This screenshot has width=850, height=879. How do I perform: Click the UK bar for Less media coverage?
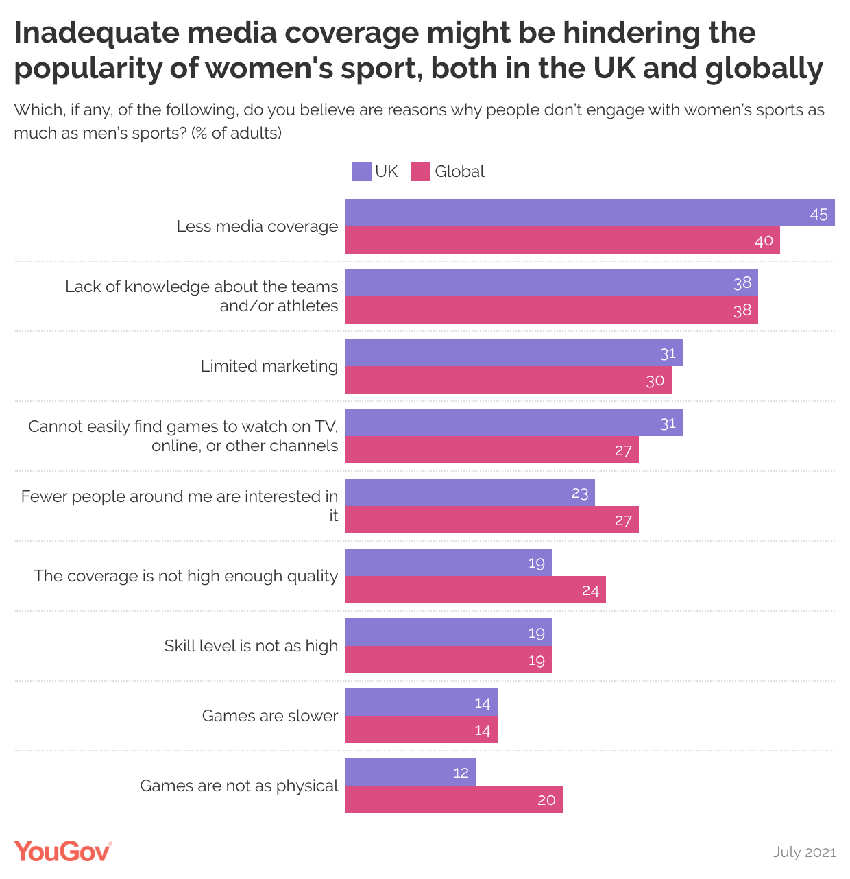coord(590,213)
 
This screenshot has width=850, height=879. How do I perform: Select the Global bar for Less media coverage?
coord(562,240)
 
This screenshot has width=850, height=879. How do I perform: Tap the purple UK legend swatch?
coord(361,171)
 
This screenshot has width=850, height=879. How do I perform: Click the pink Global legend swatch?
coord(420,171)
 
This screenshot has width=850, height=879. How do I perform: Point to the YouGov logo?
coord(62,851)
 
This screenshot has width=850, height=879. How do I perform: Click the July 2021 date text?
coord(804,852)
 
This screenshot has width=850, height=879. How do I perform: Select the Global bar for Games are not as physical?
coord(454,799)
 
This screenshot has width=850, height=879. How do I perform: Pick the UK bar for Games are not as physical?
coord(410,772)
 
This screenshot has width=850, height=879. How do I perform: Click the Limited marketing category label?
coord(269,366)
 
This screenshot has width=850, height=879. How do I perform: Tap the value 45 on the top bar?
coord(818,214)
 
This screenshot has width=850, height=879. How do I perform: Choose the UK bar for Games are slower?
coord(421,702)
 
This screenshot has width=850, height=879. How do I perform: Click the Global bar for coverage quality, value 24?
coord(475,590)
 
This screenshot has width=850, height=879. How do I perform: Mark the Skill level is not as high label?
coord(251,646)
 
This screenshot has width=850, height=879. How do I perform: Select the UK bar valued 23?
coord(470,492)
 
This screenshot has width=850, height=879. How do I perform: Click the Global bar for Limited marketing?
coord(508,380)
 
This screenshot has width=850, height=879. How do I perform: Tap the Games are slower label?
coord(269,716)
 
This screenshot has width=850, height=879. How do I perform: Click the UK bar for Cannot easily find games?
coord(513,422)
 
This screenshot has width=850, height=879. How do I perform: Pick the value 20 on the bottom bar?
coord(546,800)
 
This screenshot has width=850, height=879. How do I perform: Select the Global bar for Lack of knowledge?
coord(551,310)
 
